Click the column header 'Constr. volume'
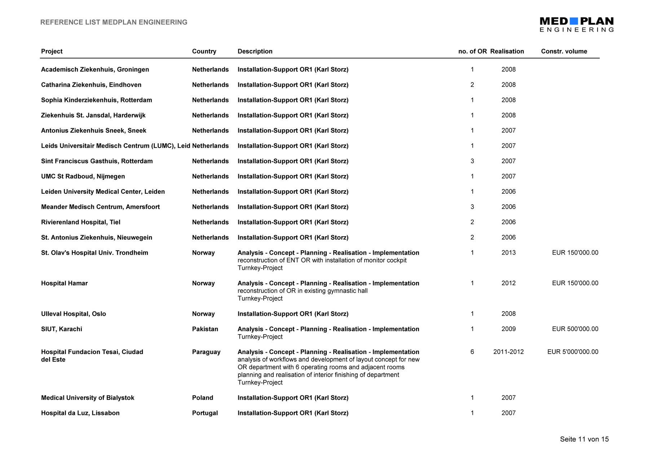564,51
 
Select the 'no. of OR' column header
472,51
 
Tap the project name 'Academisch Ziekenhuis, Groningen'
95,70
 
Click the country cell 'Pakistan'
205,329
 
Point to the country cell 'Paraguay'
206,352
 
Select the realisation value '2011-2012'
508,352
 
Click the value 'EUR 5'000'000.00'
573,352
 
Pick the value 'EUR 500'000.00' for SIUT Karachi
575,329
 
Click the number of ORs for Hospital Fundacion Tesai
472,352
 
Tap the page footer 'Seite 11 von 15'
584,439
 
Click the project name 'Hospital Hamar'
64,283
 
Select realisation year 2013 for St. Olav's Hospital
508,253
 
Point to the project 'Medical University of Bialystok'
88,398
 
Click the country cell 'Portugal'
205,413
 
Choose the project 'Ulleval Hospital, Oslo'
74,314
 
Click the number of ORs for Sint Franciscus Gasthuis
472,161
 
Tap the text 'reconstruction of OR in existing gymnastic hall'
302,291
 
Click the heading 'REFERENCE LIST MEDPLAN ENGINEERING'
114,22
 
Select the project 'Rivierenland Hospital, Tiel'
81,222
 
